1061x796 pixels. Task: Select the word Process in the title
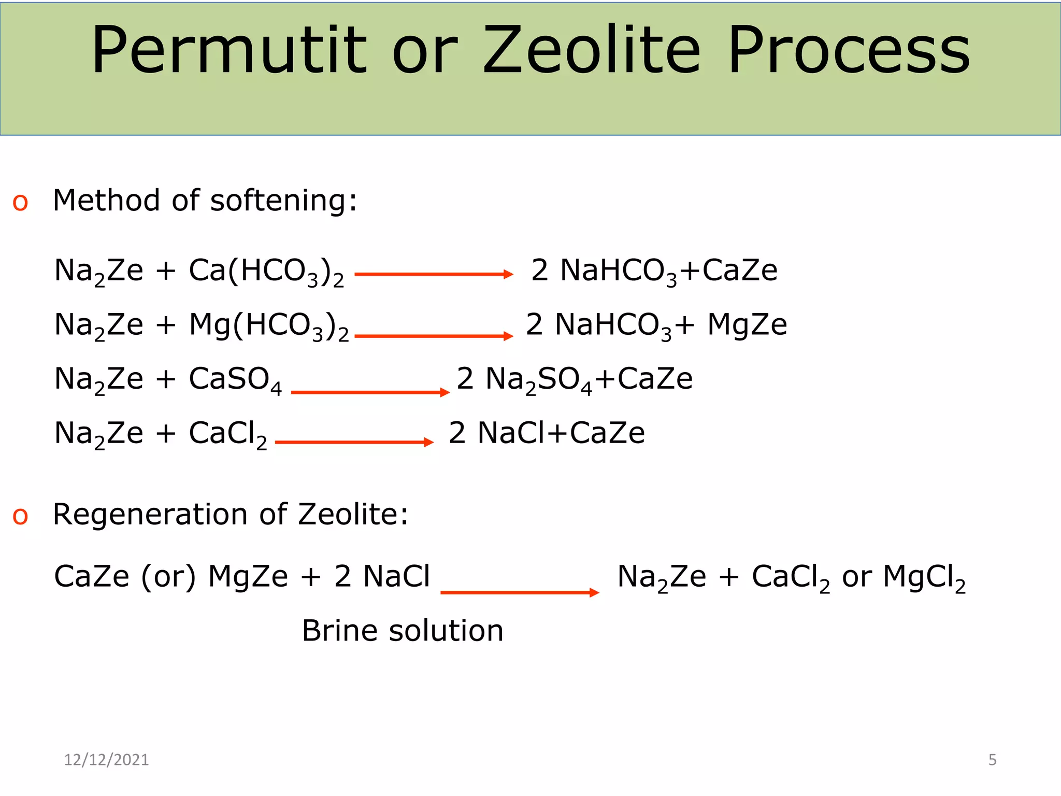[x=849, y=51]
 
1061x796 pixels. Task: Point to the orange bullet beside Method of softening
[x=20, y=203]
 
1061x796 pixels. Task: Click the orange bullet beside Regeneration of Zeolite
[x=20, y=516]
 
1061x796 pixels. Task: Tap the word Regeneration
[x=150, y=515]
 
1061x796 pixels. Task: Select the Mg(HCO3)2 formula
[x=269, y=326]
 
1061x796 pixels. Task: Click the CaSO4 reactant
[x=235, y=380]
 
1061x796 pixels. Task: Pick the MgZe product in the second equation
[x=747, y=325]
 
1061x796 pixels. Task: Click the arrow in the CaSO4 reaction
[x=370, y=392]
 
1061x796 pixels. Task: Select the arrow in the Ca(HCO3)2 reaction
[x=434, y=274]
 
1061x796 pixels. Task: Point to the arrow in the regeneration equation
[x=520, y=592]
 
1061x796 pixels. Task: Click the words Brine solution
[x=403, y=631]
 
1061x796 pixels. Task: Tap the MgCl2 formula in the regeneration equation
[x=924, y=577]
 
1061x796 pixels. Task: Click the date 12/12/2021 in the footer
[x=106, y=760]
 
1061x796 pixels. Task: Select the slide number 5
[x=992, y=760]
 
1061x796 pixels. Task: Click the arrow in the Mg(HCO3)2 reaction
[x=434, y=336]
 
